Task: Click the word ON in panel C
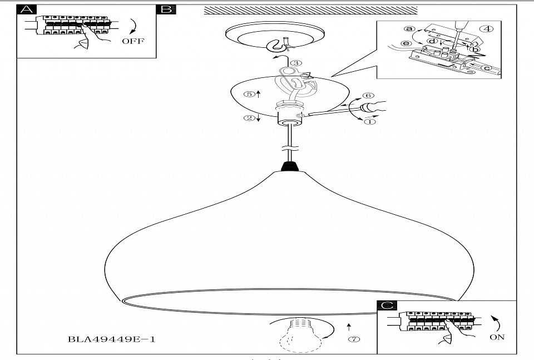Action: (498, 337)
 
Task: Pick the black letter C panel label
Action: (387, 305)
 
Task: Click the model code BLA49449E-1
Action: (111, 339)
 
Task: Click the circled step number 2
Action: (250, 117)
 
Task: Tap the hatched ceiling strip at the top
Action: (311, 9)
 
